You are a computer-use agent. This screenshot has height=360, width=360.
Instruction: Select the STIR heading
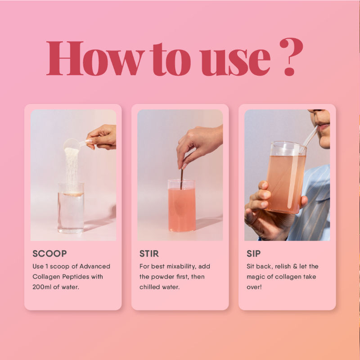(149, 254)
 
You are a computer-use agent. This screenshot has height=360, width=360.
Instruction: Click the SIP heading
(254, 254)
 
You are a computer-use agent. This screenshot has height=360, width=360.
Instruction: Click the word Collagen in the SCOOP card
(46, 276)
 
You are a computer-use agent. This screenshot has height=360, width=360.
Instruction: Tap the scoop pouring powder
(72, 145)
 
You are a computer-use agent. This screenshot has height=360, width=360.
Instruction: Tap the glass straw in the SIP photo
(310, 137)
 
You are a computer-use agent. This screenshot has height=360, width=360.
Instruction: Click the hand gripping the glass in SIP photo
(261, 207)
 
